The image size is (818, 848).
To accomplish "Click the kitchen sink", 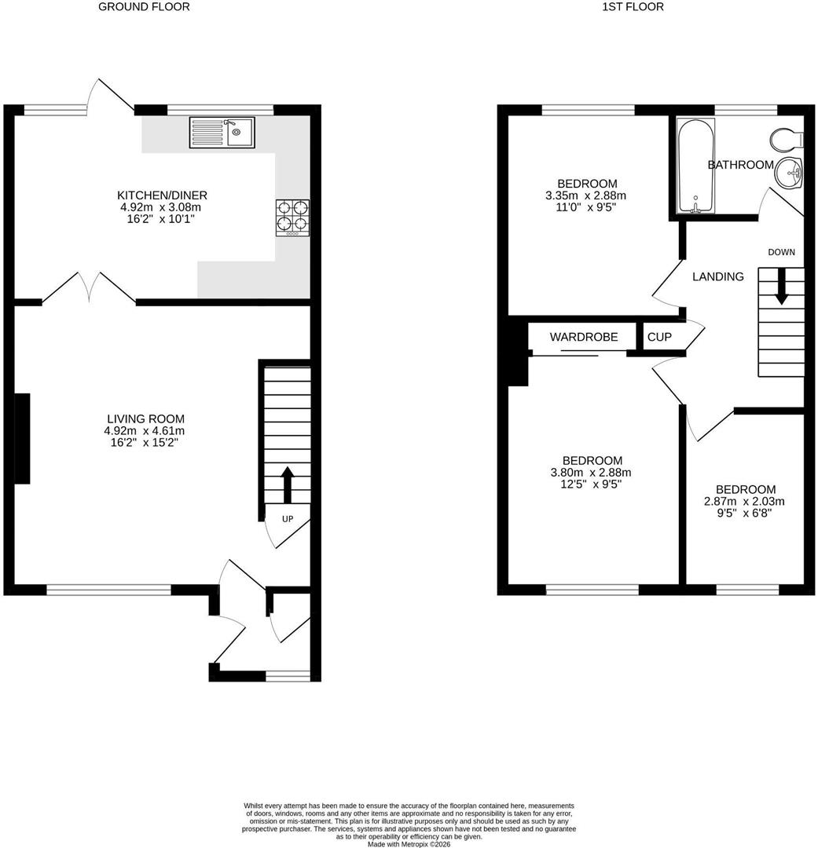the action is point(222,133).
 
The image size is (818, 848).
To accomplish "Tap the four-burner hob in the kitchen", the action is point(293,218).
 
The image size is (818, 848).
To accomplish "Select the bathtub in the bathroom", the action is point(695,166).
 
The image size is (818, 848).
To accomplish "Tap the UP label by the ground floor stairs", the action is point(288,519).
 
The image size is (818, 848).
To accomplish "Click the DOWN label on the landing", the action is point(781,252).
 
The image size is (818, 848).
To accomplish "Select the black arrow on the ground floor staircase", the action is point(288,484).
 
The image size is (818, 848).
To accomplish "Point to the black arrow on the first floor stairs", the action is point(781,287).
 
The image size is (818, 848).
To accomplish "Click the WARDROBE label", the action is point(584,337).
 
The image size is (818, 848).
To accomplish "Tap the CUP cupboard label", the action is point(659,337).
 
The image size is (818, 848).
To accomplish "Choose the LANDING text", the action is point(718,276).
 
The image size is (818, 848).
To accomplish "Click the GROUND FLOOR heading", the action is point(144,7).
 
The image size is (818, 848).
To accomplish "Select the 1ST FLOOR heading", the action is point(633,7).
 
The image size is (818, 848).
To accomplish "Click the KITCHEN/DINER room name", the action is point(163,196).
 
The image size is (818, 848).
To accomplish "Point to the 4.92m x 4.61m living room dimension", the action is point(145,431).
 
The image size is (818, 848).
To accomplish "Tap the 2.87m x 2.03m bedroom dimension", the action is point(744,501).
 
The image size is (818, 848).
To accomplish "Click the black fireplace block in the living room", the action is point(22,439).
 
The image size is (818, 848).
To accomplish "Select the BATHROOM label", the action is point(740,165).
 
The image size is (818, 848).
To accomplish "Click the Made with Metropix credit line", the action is point(409,844).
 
